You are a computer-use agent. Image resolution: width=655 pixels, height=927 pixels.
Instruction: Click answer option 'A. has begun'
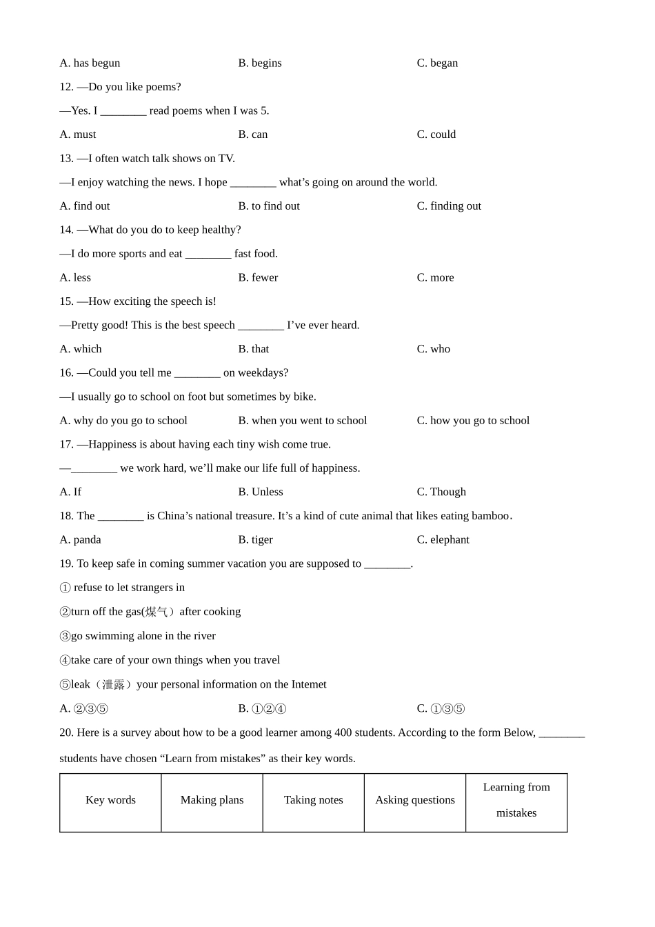pos(90,63)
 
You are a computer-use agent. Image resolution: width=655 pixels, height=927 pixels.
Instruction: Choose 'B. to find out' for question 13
pos(269,206)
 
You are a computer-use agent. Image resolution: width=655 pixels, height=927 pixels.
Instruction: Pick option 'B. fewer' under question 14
pos(258,278)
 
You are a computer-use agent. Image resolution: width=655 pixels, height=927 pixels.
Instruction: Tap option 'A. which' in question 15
pos(81,349)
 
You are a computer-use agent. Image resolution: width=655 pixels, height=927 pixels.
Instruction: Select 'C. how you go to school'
pos(473,421)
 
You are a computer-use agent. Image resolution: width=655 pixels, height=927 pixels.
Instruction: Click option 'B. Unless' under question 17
pos(261,492)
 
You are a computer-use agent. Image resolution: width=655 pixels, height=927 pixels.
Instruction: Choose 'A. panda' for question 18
pos(80,540)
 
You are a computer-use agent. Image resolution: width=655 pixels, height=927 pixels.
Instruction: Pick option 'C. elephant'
pos(443,540)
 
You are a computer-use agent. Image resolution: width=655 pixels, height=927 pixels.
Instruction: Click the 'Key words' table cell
pos(110,800)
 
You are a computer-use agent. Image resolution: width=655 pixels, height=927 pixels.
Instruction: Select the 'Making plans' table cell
pos(212,800)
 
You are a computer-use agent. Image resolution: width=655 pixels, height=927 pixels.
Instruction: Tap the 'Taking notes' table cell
pos(313,800)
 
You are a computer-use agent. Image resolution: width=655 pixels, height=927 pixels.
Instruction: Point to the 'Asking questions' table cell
pos(415,800)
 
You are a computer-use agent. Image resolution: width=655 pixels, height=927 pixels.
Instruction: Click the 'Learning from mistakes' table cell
pos(516,800)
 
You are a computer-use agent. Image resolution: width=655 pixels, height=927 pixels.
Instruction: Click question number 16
pos(66,373)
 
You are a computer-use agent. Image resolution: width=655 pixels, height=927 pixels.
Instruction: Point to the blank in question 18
pos(121,517)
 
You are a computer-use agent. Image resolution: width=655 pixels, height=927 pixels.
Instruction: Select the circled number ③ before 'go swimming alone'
pos(65,637)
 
